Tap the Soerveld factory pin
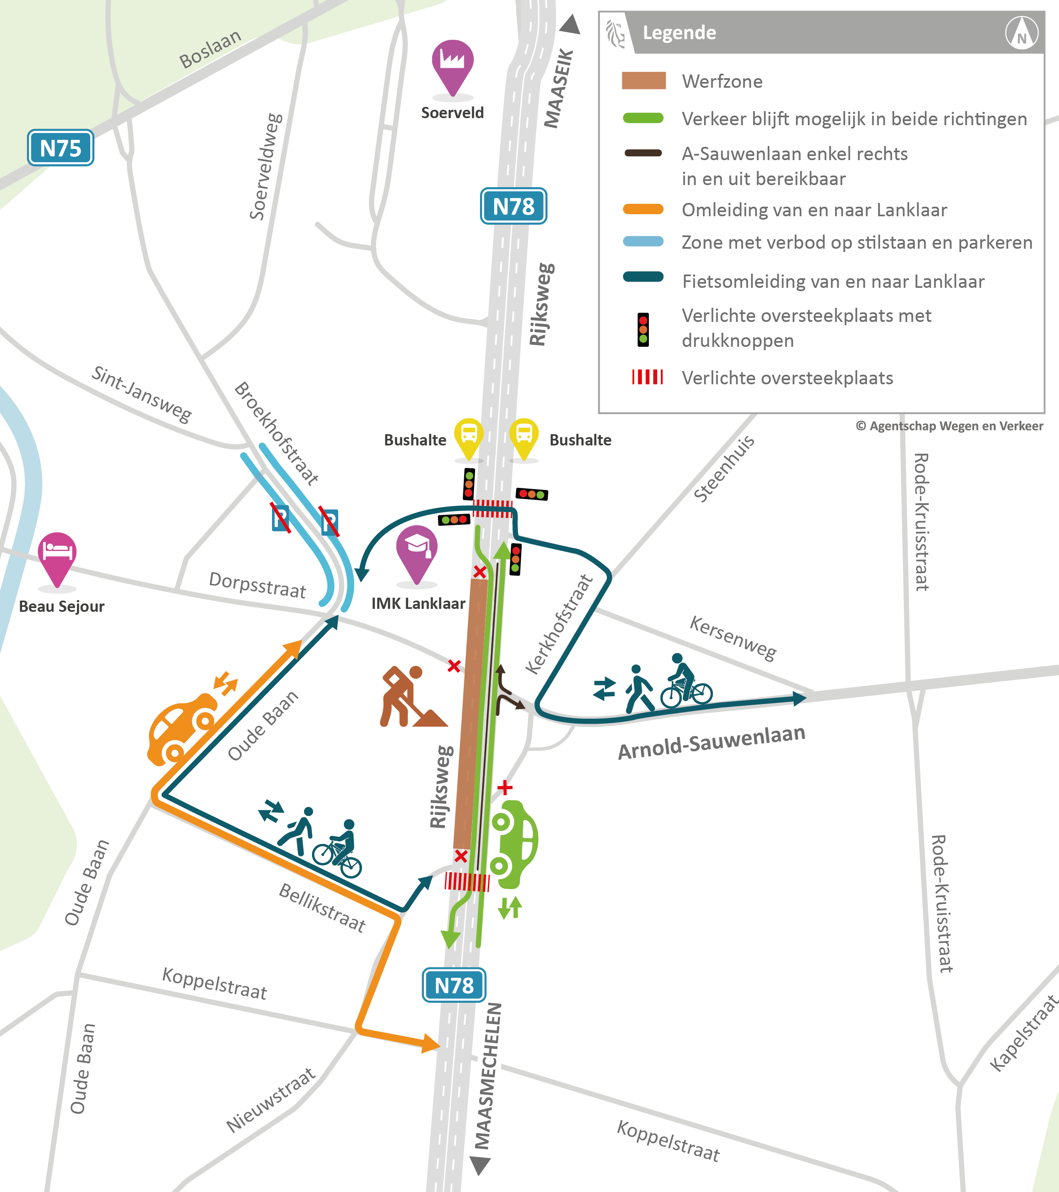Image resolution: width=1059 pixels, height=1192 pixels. [x=453, y=63]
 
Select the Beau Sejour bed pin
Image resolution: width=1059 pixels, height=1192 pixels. [x=57, y=554]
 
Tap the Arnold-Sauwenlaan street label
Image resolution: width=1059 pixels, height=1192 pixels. [x=711, y=742]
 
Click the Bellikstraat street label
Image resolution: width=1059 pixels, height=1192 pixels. [x=322, y=908]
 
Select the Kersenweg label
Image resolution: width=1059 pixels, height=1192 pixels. [x=733, y=638]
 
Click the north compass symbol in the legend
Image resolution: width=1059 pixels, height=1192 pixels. [x=1022, y=33]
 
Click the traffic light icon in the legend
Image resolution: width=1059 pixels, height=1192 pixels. [x=643, y=329]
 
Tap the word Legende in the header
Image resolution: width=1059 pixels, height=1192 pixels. [x=679, y=33]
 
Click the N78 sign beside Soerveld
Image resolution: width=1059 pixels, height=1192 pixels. [x=513, y=206]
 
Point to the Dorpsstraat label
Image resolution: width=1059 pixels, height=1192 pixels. [x=257, y=585]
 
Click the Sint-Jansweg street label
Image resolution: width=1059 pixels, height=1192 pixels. [x=142, y=394]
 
